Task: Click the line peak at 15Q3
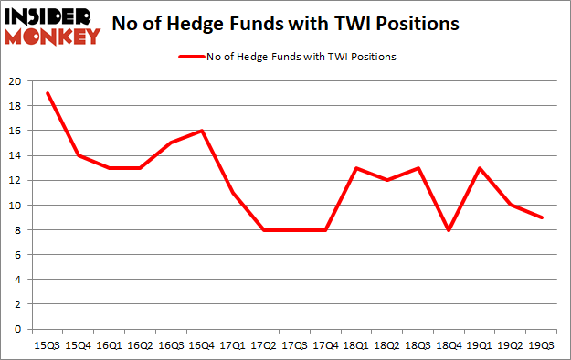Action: (x=47, y=93)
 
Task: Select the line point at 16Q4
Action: (x=203, y=131)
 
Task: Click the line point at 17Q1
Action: (x=234, y=193)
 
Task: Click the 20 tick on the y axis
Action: (x=16, y=81)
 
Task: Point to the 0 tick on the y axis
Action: (x=19, y=329)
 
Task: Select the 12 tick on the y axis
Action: (x=16, y=181)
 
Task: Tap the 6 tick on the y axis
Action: (x=19, y=255)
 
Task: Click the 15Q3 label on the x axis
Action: (x=47, y=346)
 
